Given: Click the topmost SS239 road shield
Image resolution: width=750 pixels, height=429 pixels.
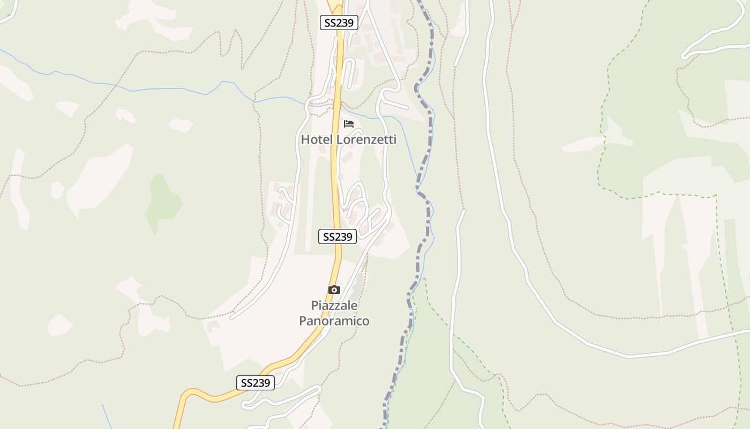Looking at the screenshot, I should click(x=339, y=23).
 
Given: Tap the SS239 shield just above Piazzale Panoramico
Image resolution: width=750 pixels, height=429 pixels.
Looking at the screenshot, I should click(x=337, y=236).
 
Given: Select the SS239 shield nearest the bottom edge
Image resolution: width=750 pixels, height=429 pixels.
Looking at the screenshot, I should click(x=256, y=383).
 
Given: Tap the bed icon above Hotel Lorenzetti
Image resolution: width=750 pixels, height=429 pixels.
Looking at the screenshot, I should click(x=349, y=124).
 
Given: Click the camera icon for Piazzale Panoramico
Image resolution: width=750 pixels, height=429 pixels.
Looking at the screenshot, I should click(x=334, y=290).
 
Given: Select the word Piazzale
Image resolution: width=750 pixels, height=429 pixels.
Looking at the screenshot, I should click(x=334, y=306).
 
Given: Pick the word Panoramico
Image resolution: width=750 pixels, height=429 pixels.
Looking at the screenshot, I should click(x=334, y=321).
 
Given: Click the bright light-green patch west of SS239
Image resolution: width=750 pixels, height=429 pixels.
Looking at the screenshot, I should click(x=162, y=204).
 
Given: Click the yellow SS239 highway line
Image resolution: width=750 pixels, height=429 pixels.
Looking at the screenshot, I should click(x=335, y=177).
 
